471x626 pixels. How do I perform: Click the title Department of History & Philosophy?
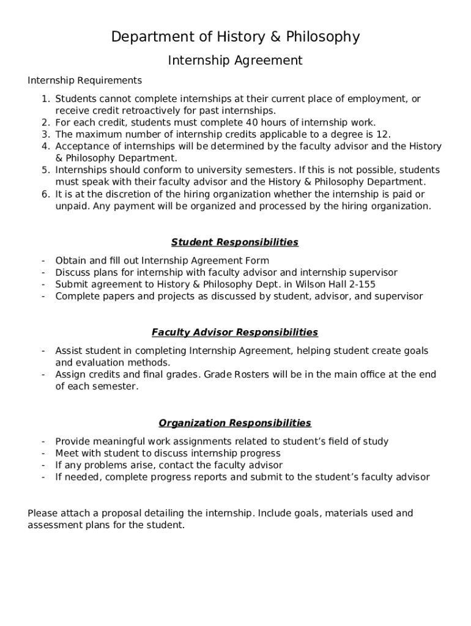coord(236,37)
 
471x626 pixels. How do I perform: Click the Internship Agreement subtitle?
coord(236,61)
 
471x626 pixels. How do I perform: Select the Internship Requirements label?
coord(84,81)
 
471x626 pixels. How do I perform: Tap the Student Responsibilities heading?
coord(235,242)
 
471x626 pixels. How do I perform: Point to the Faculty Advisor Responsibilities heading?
coord(235,333)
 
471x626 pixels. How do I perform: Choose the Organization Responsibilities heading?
coord(235,423)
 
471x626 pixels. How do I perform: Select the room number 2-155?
coord(360,284)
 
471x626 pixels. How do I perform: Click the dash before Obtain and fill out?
coord(43,260)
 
